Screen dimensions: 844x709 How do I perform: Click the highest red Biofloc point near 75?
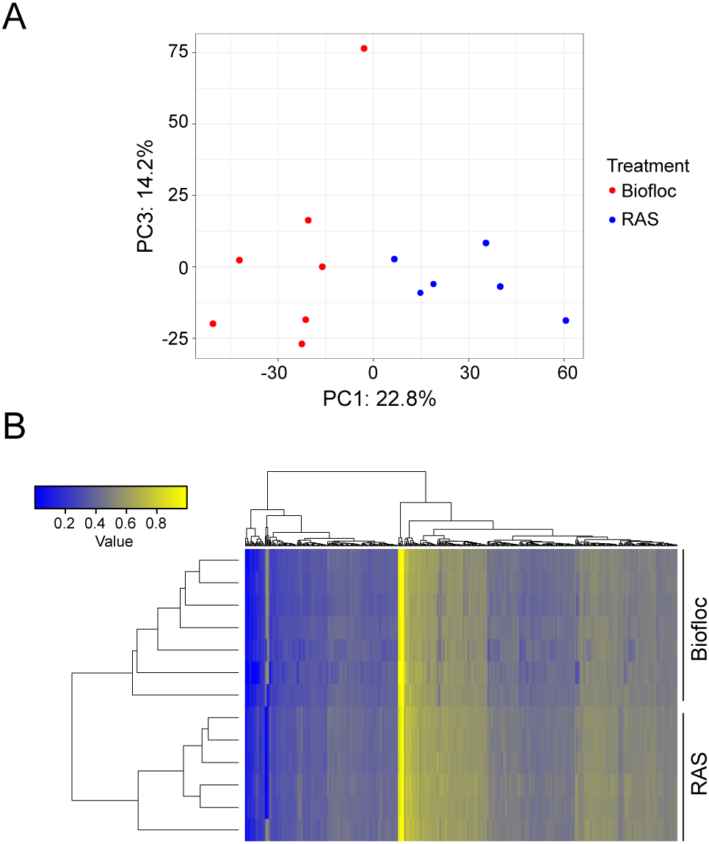click(364, 48)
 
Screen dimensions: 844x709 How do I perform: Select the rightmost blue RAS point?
click(566, 321)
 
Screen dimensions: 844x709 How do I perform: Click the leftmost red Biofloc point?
click(213, 324)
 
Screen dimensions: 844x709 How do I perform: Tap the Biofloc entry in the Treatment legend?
click(648, 192)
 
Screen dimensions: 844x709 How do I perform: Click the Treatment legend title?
click(648, 166)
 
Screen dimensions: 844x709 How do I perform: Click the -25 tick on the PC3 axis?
click(174, 339)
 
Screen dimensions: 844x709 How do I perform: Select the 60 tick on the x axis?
click(566, 374)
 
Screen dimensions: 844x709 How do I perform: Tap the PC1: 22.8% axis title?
click(379, 399)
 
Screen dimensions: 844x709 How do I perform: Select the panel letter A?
click(14, 18)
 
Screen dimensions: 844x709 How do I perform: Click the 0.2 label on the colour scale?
click(64, 524)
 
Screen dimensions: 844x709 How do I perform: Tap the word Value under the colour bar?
click(114, 542)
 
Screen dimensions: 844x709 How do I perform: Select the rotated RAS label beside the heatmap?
click(699, 774)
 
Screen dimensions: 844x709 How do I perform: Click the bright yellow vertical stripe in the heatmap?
click(401, 694)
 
